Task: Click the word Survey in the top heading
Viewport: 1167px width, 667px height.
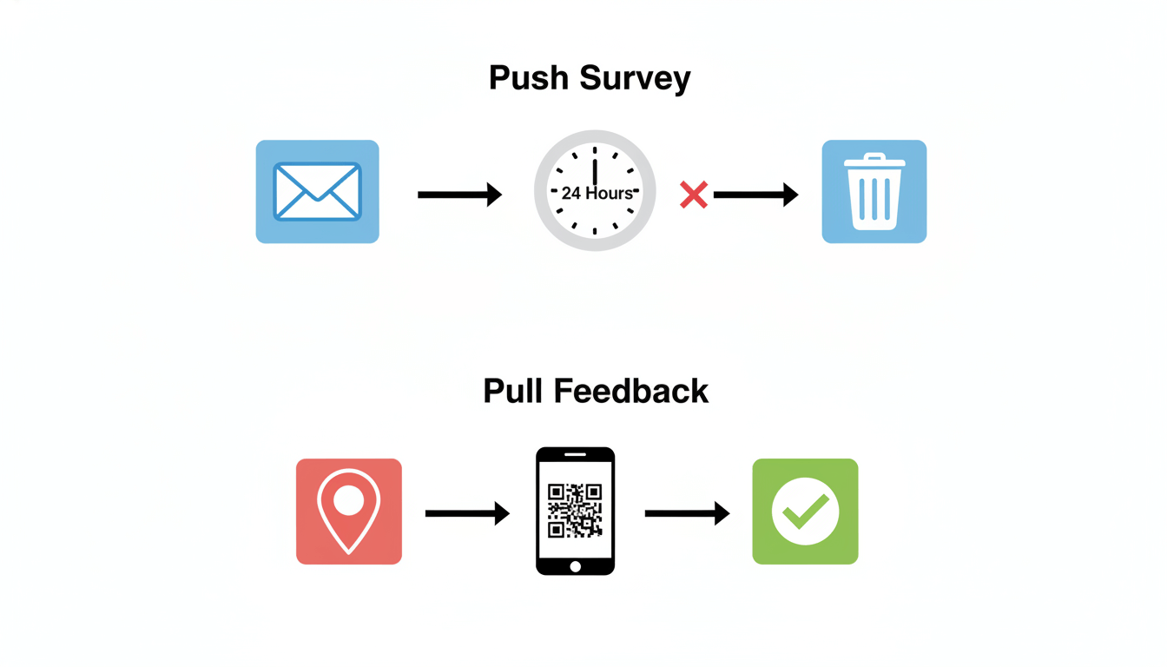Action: click(635, 80)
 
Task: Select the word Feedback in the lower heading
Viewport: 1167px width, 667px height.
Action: click(631, 392)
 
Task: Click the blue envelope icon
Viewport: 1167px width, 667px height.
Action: click(317, 191)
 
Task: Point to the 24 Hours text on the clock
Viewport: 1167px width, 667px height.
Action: click(597, 194)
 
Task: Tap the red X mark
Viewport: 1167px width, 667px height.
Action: click(694, 195)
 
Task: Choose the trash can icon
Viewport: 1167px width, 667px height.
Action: click(874, 191)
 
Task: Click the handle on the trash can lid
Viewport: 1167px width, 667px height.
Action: click(874, 156)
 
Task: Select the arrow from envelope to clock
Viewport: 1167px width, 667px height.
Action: click(460, 195)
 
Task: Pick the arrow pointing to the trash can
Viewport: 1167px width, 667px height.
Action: click(756, 195)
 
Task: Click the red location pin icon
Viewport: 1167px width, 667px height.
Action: click(349, 512)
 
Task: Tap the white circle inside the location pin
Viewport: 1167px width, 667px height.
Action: click(348, 500)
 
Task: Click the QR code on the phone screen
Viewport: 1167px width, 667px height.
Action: click(575, 511)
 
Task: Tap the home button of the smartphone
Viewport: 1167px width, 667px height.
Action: click(576, 566)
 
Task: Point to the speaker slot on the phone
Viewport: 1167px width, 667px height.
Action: click(575, 454)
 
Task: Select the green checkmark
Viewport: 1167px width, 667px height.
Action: click(806, 512)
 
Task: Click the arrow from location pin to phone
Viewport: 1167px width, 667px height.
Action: click(467, 514)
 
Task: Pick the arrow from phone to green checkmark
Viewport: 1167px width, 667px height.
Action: click(687, 514)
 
